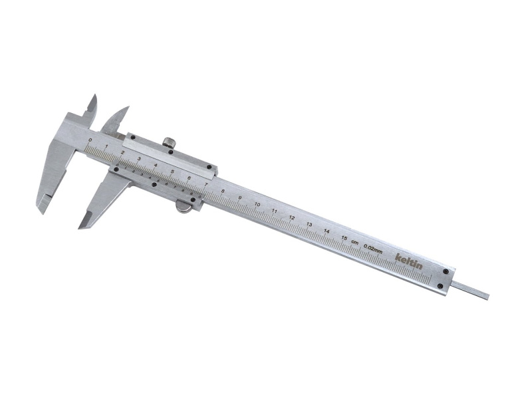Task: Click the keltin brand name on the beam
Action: coord(408,261)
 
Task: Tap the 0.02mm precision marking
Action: coord(374,249)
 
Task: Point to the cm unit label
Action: coord(356,242)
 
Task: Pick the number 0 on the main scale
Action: coord(90,140)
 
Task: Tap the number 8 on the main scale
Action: coord(223,191)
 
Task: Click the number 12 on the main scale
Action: coord(291,217)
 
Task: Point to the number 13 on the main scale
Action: coord(309,223)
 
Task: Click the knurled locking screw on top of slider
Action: coord(170,142)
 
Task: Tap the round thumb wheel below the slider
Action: coord(183,208)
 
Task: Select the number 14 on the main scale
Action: coord(326,230)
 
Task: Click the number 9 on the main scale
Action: coord(239,198)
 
